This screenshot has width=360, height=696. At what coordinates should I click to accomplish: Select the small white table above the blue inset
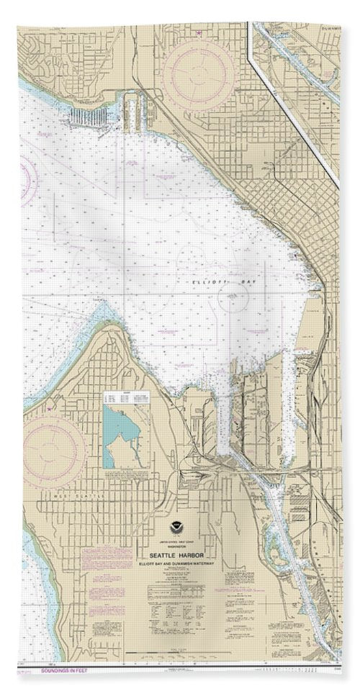(x=121, y=398)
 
